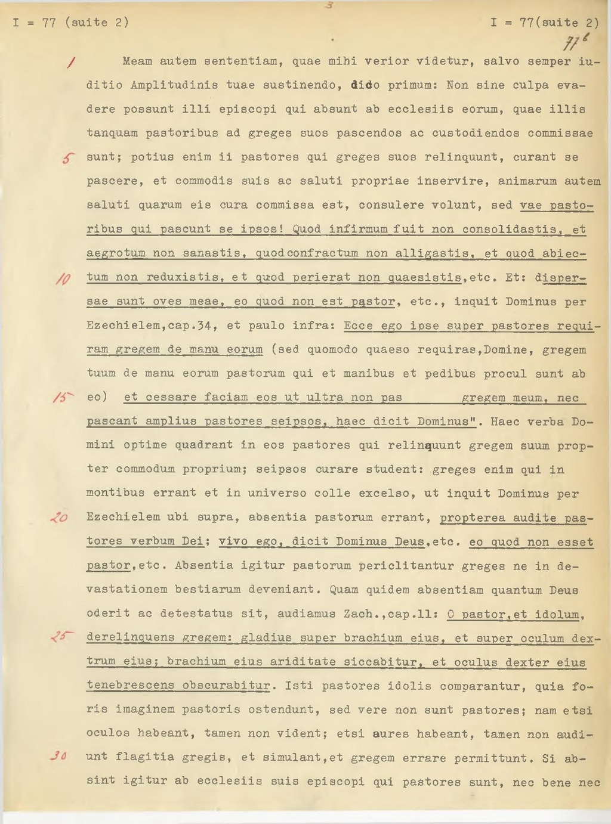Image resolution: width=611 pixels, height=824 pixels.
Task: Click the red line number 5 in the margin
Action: [69, 158]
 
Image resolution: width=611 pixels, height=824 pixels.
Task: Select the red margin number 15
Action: [63, 398]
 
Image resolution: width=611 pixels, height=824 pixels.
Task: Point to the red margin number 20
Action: [60, 518]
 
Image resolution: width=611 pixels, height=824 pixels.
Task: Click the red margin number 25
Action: [61, 637]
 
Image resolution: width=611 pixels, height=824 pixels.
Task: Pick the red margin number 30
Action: [59, 756]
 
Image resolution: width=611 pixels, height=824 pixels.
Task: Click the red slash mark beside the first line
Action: [72, 61]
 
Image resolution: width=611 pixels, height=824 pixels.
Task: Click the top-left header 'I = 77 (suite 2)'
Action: [70, 23]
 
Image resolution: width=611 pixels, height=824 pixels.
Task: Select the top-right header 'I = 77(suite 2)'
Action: [544, 23]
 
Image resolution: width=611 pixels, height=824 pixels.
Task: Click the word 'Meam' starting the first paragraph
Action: [137, 61]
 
